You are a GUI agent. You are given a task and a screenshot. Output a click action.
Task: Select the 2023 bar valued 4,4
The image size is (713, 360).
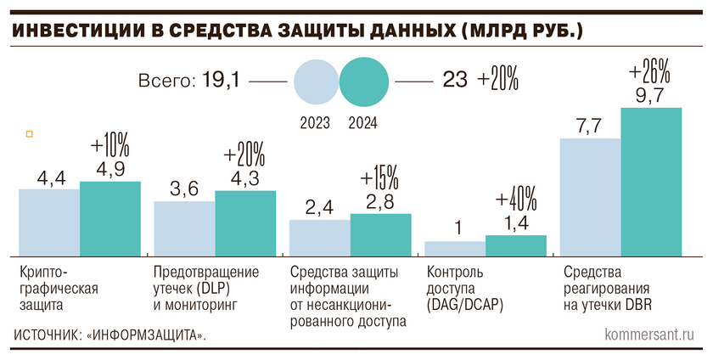(x=49, y=222)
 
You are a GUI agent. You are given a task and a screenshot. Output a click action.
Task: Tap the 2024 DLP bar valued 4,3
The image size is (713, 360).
(x=245, y=222)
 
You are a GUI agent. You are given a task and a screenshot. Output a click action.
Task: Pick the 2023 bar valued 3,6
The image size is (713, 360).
(x=184, y=228)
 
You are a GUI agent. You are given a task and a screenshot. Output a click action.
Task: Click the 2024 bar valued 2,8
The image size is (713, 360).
(x=380, y=233)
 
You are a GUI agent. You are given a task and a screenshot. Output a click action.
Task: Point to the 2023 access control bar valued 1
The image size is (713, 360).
(x=455, y=248)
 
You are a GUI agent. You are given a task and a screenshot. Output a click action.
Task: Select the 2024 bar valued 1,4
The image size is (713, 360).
(x=516, y=245)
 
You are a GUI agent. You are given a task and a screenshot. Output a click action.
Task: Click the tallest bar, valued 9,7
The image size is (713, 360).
(x=651, y=181)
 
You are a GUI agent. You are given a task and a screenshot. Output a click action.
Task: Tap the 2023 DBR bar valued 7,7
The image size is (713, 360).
(x=590, y=196)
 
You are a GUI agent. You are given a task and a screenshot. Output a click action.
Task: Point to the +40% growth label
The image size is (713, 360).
(x=516, y=200)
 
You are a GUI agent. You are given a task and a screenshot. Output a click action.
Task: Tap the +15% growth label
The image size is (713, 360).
(x=379, y=179)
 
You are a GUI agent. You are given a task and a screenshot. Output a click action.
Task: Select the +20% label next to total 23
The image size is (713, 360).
(x=498, y=82)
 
